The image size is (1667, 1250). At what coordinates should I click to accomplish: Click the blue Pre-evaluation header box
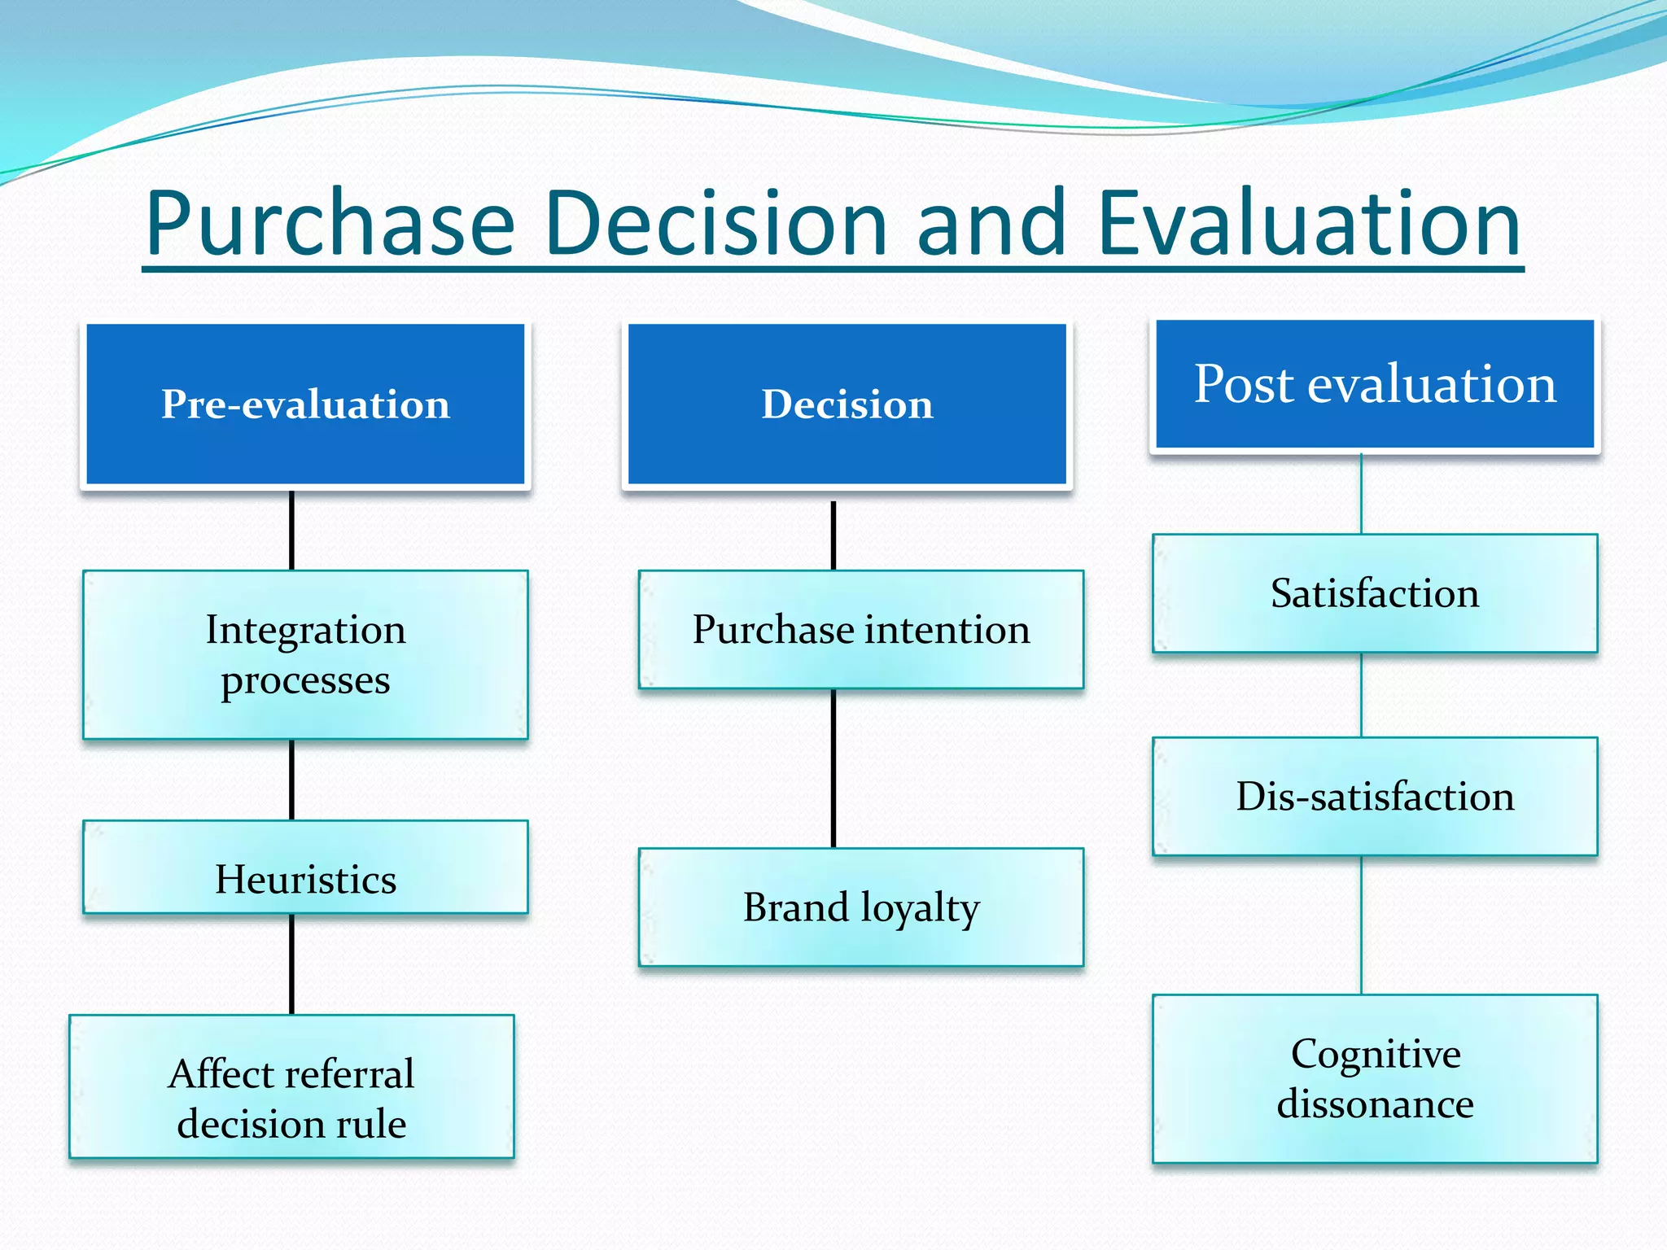point(305,404)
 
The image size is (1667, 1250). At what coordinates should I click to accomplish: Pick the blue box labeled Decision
point(847,404)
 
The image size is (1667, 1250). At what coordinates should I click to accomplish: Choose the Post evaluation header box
point(1374,384)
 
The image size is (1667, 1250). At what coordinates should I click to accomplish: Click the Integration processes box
point(305,655)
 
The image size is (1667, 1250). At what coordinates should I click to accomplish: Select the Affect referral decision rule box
point(291,1086)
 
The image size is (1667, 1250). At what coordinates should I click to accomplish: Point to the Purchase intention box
point(860,630)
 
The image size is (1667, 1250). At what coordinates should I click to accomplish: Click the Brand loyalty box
point(860,907)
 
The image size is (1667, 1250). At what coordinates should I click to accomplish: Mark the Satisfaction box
point(1374,593)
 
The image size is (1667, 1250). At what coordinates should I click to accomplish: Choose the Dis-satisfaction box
point(1374,796)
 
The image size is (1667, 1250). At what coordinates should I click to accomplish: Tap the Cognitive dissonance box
point(1374,1078)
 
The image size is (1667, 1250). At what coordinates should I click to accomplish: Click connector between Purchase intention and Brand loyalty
point(833,768)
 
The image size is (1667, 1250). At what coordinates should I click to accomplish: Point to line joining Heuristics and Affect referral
point(291,964)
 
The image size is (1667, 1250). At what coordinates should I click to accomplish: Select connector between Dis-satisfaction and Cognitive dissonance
point(1362,925)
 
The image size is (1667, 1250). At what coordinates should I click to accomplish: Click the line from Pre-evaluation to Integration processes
point(291,530)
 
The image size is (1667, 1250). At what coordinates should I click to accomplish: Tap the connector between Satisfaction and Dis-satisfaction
point(1362,695)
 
